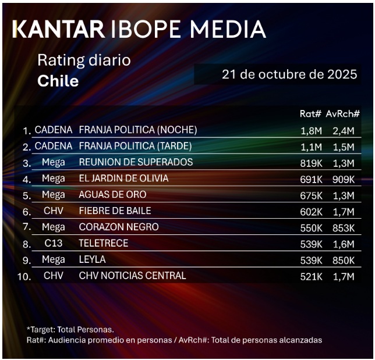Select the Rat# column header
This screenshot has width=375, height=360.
coord(310,115)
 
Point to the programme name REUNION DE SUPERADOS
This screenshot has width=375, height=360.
coord(136,162)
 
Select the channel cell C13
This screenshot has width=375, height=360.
coord(54,243)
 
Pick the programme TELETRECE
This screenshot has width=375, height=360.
coord(104,243)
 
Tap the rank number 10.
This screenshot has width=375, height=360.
coord(24,277)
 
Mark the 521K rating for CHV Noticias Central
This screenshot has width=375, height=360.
coord(312,276)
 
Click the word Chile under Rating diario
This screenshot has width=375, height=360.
coord(58,81)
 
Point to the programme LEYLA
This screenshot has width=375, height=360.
coord(93,259)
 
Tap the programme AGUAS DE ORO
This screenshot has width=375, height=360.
coord(112,195)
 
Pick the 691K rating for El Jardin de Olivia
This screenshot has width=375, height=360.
coord(312,179)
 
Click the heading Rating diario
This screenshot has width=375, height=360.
coord(84,60)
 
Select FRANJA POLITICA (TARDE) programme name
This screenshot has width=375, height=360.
coord(135,146)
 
